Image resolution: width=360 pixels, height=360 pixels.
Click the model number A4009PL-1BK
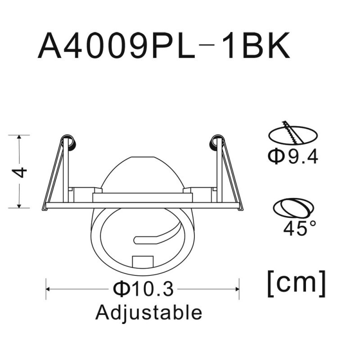pyautogui.click(x=164, y=46)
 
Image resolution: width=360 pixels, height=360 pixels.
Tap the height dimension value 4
pyautogui.click(x=20, y=172)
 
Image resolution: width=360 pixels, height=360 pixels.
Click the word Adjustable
pyautogui.click(x=148, y=312)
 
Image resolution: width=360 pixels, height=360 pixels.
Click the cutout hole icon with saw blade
pyautogui.click(x=292, y=133)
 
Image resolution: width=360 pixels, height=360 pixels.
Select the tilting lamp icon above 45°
pyautogui.click(x=292, y=209)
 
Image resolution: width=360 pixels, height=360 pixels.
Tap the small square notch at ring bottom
pyautogui.click(x=142, y=261)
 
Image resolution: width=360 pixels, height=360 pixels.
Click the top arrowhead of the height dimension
pyautogui.click(x=19, y=137)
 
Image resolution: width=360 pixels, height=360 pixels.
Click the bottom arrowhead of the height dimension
pyautogui.click(x=19, y=206)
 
